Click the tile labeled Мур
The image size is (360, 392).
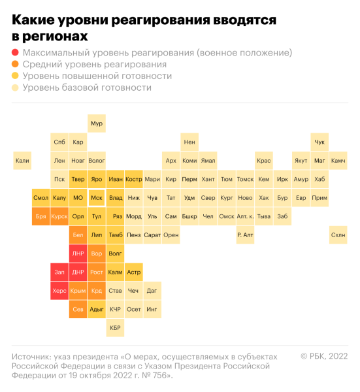coord(97,123)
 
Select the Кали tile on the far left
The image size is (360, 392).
coord(22,160)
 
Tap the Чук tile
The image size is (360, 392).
coord(319,142)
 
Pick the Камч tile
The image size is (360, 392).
coord(338,160)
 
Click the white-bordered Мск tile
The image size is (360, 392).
coord(97,197)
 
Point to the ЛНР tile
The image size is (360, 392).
coord(78,253)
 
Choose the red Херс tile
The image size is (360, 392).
coord(59,290)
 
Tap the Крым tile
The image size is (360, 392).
coord(78,290)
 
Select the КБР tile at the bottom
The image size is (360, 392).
coord(115,327)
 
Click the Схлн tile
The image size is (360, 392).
coord(338,235)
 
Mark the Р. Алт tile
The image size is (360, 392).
coord(245,235)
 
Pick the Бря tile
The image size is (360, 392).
coord(41,216)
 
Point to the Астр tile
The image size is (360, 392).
coord(133,272)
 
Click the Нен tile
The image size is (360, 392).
coord(189,142)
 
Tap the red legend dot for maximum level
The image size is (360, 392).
coord(15,53)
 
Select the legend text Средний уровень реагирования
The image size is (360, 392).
coord(94,65)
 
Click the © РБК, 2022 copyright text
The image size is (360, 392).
coord(324,356)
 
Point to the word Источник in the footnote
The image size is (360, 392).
coord(32,357)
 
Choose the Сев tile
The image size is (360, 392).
coord(78,309)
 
